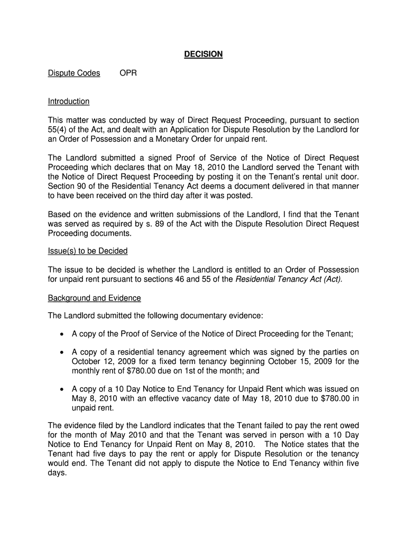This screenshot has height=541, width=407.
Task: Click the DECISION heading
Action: click(203, 54)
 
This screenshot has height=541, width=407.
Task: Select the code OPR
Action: click(128, 73)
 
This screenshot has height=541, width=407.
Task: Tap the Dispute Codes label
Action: click(74, 73)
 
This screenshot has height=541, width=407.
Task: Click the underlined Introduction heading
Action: click(69, 101)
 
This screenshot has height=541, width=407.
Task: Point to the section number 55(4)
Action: click(59, 130)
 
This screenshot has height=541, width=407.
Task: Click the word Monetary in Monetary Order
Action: click(167, 139)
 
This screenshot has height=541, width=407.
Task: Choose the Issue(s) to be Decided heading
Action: click(88, 251)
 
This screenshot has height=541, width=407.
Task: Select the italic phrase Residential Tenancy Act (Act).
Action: click(289, 279)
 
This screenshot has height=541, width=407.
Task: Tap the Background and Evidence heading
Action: click(95, 299)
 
